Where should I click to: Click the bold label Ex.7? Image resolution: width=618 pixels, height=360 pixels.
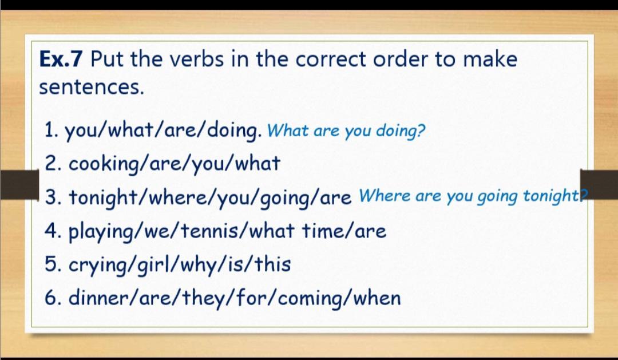coord(61,59)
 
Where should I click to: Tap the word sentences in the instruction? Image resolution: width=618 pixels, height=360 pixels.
coord(92,87)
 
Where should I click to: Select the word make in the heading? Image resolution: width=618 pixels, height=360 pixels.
coord(490,59)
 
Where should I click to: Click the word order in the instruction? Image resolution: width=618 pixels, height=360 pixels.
coord(400,59)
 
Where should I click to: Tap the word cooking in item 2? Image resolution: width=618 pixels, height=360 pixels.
coord(104,164)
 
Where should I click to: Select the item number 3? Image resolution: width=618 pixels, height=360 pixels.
coord(51,197)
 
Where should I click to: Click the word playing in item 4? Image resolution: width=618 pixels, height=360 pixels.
coord(102,232)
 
